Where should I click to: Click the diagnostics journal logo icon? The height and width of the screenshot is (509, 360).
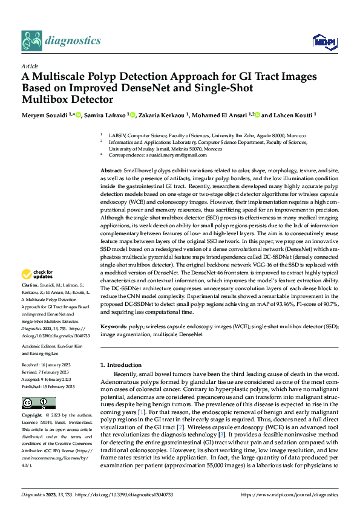click(x=31, y=41)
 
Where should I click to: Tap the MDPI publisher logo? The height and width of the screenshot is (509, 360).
click(x=322, y=41)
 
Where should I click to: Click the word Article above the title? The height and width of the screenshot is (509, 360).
click(x=30, y=66)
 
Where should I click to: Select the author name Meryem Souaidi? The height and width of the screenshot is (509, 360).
click(x=45, y=114)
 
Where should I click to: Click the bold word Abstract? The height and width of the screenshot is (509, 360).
click(x=112, y=172)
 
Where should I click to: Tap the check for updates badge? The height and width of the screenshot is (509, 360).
click(x=36, y=275)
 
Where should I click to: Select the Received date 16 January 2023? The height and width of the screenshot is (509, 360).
click(x=48, y=366)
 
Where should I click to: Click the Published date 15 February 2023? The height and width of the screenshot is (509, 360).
click(x=48, y=386)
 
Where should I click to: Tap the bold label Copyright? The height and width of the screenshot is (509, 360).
click(x=33, y=416)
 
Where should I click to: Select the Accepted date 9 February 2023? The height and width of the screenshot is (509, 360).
click(x=48, y=379)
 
